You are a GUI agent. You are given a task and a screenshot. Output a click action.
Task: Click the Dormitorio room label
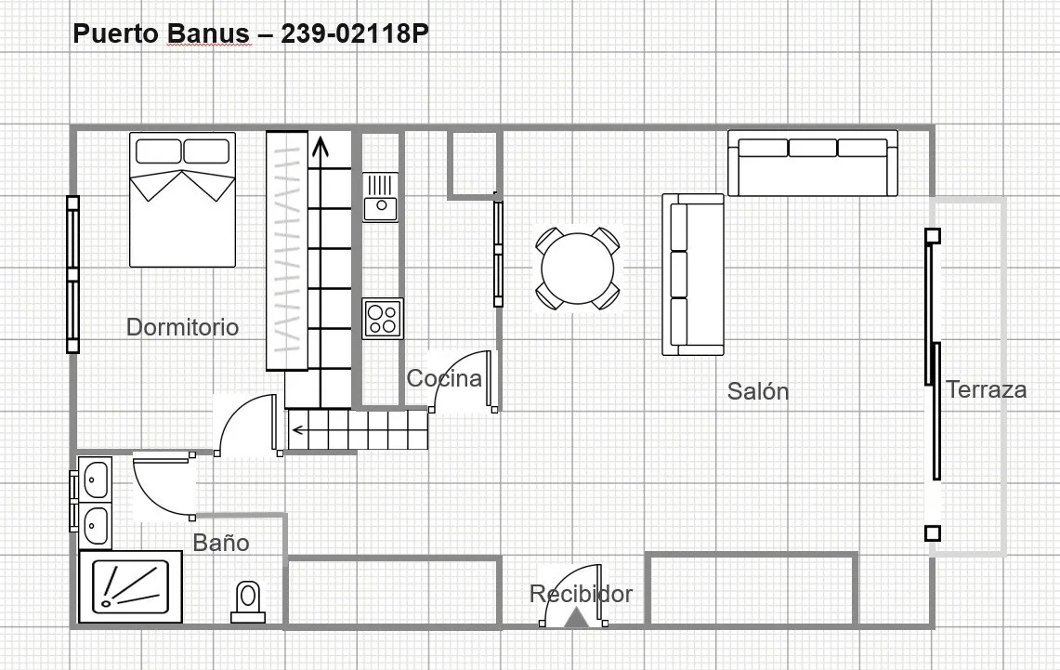[182, 327]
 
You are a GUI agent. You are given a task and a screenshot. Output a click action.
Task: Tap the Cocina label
[444, 378]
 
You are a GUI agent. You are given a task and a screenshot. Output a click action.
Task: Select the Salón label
[758, 391]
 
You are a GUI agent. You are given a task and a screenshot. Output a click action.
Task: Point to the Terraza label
[986, 389]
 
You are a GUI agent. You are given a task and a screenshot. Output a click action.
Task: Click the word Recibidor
[581, 594]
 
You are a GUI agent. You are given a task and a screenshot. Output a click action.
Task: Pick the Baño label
[221, 542]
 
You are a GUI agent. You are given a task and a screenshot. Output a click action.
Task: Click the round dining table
[578, 269]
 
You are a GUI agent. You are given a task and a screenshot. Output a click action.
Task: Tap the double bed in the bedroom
[182, 200]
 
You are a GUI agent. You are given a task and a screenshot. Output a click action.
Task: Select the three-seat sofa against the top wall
[813, 163]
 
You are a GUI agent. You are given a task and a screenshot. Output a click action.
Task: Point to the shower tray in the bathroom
[130, 587]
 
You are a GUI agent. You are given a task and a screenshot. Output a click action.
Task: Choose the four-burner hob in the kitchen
[383, 319]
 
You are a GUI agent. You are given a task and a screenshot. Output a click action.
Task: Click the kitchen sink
[381, 197]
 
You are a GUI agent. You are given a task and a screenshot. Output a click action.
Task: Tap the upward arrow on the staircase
[319, 152]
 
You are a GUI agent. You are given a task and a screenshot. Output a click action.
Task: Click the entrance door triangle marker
[575, 618]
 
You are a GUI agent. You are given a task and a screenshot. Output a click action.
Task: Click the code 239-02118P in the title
[355, 33]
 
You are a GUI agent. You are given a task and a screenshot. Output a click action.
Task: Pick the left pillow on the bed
[158, 151]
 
